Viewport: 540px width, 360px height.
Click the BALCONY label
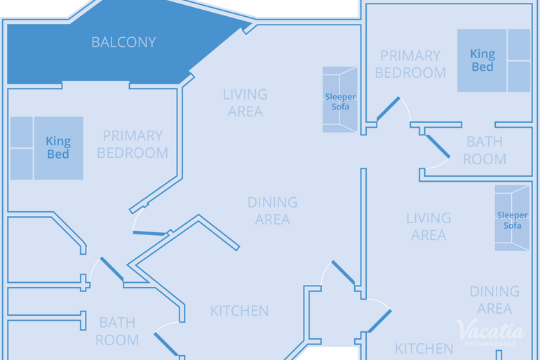(123, 42)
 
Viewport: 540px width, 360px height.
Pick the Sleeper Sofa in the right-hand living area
(512, 218)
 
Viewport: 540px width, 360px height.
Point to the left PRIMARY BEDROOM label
(133, 144)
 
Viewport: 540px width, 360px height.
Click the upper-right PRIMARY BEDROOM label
(410, 64)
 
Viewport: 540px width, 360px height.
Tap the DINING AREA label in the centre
(272, 211)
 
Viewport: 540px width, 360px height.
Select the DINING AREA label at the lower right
(494, 300)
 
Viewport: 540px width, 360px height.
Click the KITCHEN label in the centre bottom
(239, 310)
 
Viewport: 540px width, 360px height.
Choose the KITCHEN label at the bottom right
(424, 348)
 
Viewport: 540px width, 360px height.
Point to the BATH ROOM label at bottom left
(117, 331)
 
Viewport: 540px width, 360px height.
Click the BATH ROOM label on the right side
(485, 150)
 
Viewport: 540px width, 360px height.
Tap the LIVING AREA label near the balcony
(245, 102)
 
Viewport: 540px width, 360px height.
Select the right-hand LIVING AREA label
(428, 227)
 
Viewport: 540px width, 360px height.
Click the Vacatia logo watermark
(490, 332)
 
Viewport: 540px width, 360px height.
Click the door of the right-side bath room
(438, 147)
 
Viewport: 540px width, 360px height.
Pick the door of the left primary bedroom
(148, 233)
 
